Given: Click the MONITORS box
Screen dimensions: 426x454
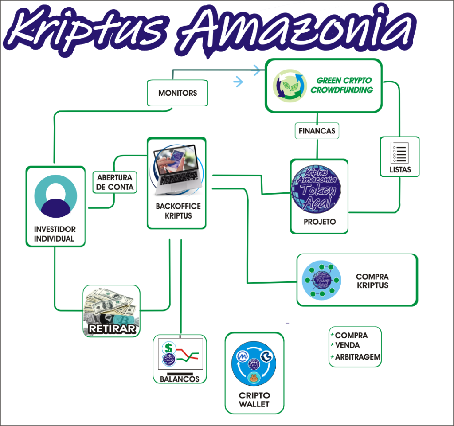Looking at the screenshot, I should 177,93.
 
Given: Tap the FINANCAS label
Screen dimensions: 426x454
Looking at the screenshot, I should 317,131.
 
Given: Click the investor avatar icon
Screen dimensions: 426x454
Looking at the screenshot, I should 56,196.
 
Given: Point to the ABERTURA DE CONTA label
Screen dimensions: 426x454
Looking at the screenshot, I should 115,183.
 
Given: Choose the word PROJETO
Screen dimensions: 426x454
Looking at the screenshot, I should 319,222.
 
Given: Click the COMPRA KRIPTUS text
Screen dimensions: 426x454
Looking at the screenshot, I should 372,281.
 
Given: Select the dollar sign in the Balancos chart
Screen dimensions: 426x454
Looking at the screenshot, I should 168,348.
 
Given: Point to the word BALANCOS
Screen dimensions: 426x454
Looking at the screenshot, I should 180,379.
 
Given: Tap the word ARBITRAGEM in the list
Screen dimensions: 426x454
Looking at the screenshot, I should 357,357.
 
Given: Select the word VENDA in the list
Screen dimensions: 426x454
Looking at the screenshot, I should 347,345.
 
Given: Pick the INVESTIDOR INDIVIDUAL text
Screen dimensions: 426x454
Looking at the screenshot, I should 55,234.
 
